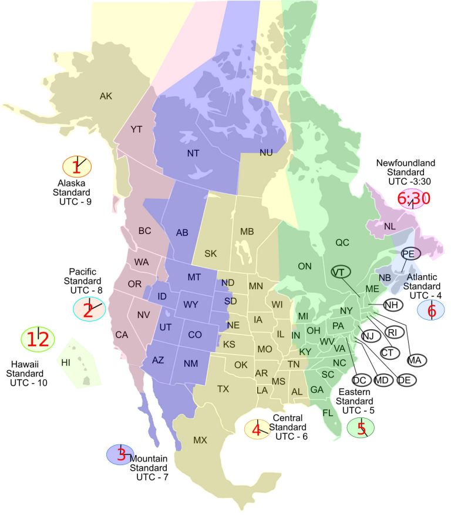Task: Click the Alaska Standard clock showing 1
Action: pyautogui.click(x=77, y=167)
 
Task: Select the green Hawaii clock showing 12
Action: pyautogui.click(x=38, y=339)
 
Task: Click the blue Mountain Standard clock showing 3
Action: pyautogui.click(x=120, y=454)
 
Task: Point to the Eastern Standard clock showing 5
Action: pyautogui.click(x=361, y=427)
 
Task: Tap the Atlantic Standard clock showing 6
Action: pyautogui.click(x=432, y=310)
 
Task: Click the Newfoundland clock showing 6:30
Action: pyautogui.click(x=413, y=199)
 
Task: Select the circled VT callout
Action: pyautogui.click(x=339, y=272)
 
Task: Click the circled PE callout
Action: pyautogui.click(x=410, y=253)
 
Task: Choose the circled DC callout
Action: pyautogui.click(x=359, y=380)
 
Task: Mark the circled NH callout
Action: pyautogui.click(x=393, y=305)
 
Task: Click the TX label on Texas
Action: pyautogui.click(x=223, y=389)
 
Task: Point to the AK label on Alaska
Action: pyautogui.click(x=106, y=96)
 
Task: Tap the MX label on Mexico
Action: pyautogui.click(x=200, y=440)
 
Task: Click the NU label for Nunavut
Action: pyautogui.click(x=266, y=152)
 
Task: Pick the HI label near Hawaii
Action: pyautogui.click(x=66, y=362)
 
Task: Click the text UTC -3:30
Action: pyautogui.click(x=410, y=182)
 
